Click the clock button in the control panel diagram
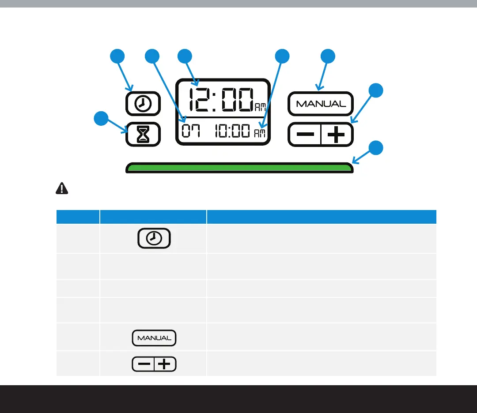pos(143,104)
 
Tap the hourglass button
pos(143,134)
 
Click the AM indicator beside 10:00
pos(260,133)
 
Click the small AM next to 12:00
pos(260,106)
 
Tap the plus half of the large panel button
pos(337,134)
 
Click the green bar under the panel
pos(239,168)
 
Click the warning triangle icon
pos(62,188)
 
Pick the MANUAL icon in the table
pos(154,338)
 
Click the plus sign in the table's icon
pos(164,364)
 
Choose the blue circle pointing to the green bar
pos(376,148)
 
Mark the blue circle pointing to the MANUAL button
pos(328,56)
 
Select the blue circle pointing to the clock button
pos(117,56)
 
